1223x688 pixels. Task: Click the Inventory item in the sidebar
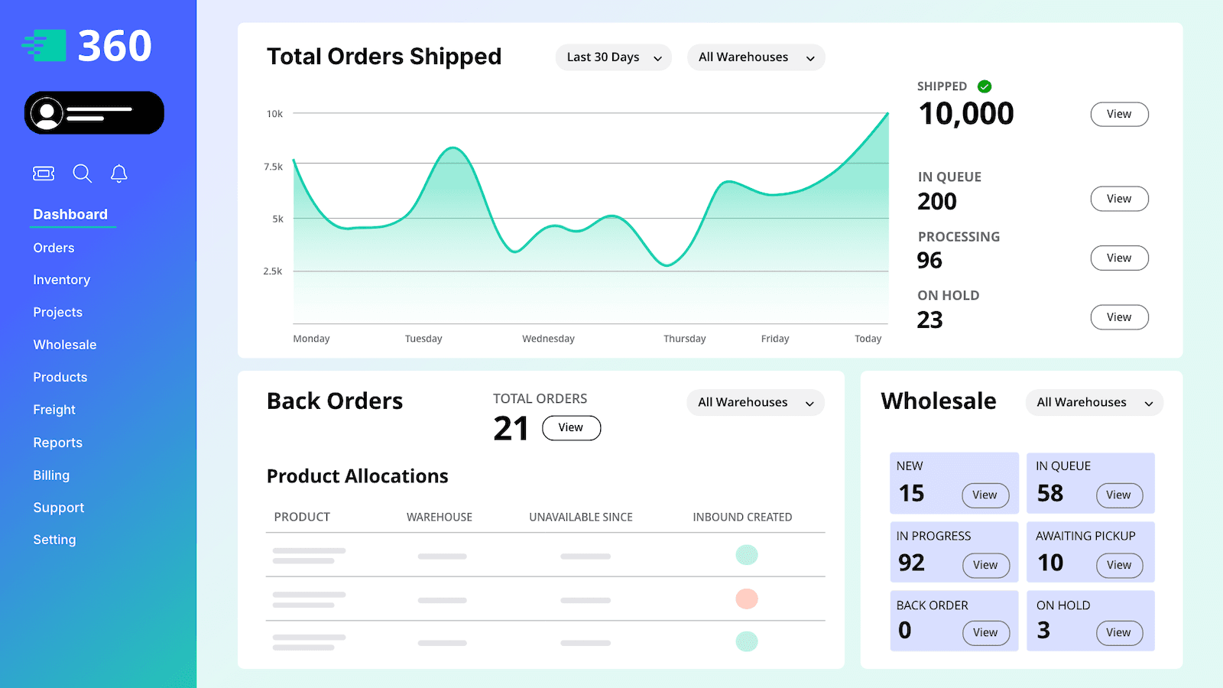(x=61, y=280)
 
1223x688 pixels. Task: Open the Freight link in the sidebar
(x=54, y=410)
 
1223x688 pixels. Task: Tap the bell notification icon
(x=118, y=174)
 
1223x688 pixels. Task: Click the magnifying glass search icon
(x=82, y=174)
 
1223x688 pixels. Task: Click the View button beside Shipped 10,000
(x=1118, y=114)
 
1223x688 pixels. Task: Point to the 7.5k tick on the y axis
(x=273, y=167)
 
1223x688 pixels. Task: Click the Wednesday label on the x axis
(x=548, y=339)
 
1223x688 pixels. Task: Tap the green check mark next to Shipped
(x=985, y=86)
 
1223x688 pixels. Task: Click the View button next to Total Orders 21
(x=571, y=427)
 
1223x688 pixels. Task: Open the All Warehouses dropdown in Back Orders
(x=754, y=403)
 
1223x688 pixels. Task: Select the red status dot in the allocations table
(x=746, y=599)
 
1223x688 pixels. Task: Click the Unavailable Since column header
(x=580, y=518)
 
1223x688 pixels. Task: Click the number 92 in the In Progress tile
(x=911, y=563)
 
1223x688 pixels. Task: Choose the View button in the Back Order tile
(x=985, y=632)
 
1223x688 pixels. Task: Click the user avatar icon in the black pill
(x=47, y=113)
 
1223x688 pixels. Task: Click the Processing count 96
(x=929, y=260)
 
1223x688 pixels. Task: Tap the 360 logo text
(x=115, y=46)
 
